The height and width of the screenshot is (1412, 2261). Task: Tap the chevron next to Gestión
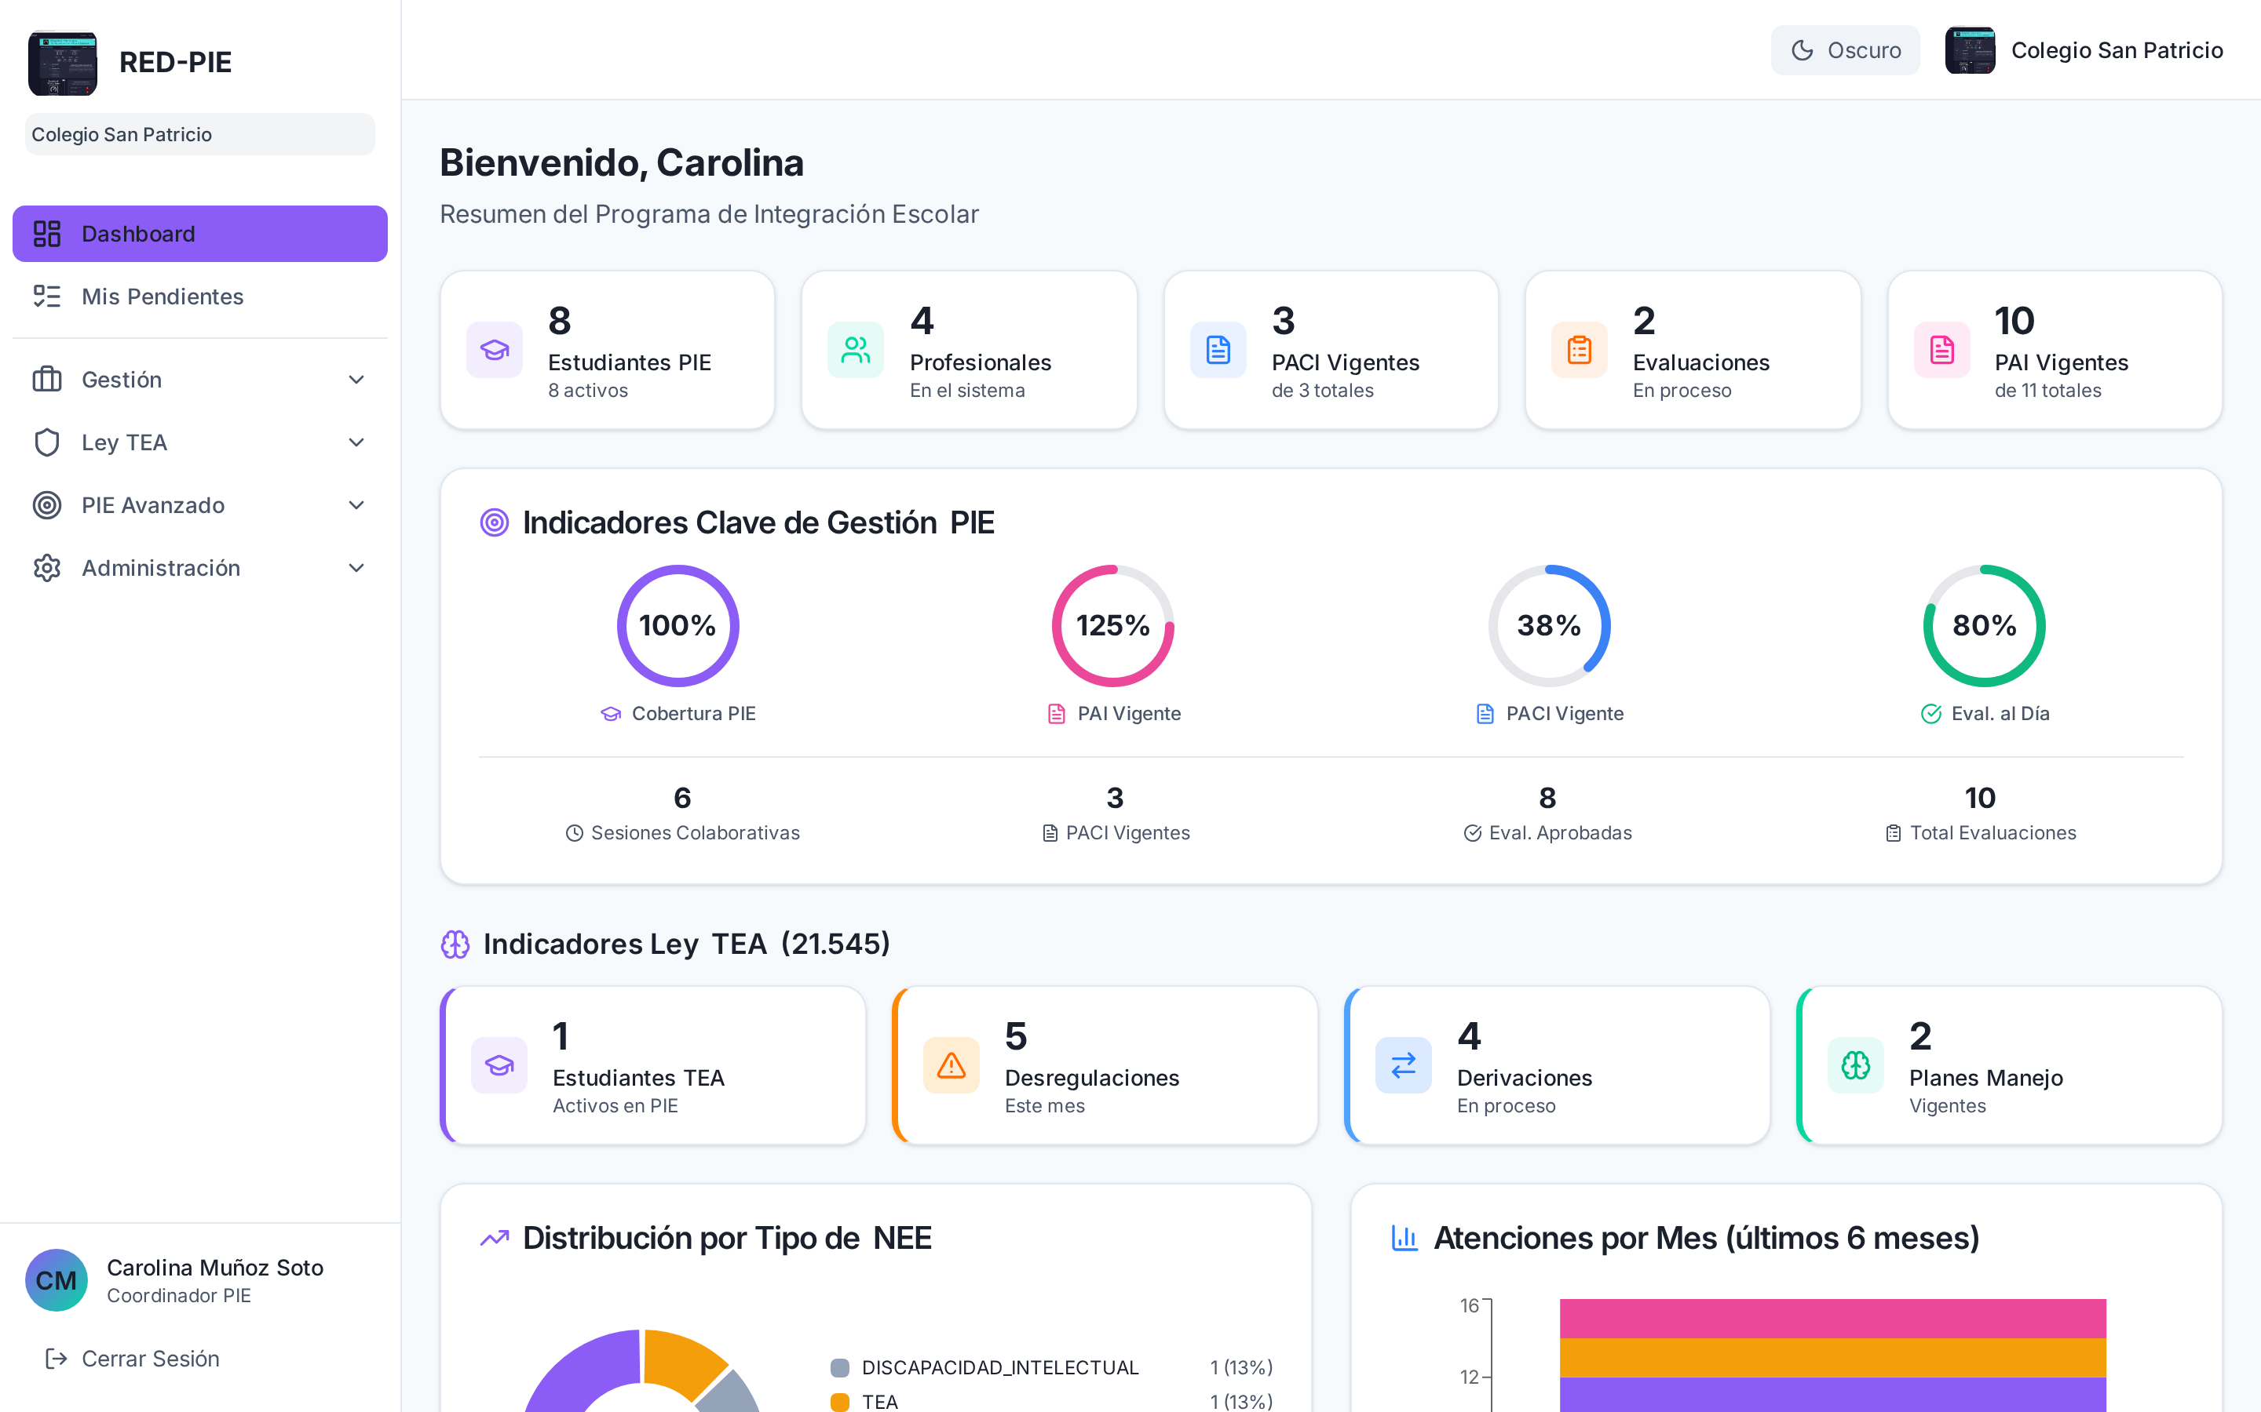(356, 380)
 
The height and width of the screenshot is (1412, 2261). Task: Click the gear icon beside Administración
(47, 568)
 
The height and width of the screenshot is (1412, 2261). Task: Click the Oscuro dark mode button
(1845, 50)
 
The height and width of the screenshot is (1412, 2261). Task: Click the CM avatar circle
(56, 1280)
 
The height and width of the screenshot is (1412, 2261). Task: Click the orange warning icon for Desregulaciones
(952, 1065)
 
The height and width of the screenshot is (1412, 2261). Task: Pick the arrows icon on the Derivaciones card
(1404, 1065)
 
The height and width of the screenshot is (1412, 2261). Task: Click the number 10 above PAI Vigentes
(2014, 322)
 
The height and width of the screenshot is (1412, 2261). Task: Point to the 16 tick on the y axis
(1470, 1305)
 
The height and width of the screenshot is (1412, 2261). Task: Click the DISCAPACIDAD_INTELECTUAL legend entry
(999, 1368)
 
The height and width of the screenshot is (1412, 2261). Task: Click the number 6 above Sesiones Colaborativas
(683, 799)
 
